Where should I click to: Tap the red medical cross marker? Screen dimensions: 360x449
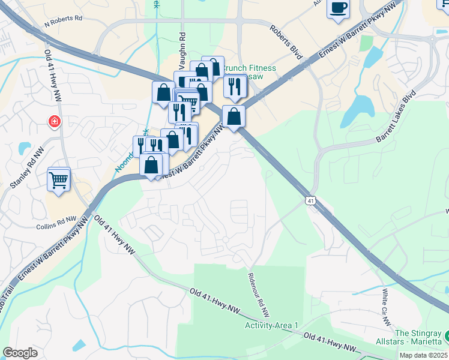tap(55, 122)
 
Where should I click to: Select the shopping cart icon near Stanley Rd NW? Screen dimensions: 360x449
tap(59, 179)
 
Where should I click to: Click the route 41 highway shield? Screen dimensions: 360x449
tap(310, 198)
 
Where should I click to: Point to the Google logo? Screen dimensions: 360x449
tap(20, 353)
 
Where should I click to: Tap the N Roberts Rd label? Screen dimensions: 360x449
tap(63, 19)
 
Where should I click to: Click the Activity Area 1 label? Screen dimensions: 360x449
tap(271, 325)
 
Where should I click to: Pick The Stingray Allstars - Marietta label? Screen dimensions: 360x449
tap(418, 337)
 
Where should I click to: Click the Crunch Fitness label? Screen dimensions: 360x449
tap(250, 68)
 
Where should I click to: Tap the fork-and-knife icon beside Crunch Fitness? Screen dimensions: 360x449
tap(235, 86)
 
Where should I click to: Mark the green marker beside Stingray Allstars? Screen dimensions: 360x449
tap(445, 334)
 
